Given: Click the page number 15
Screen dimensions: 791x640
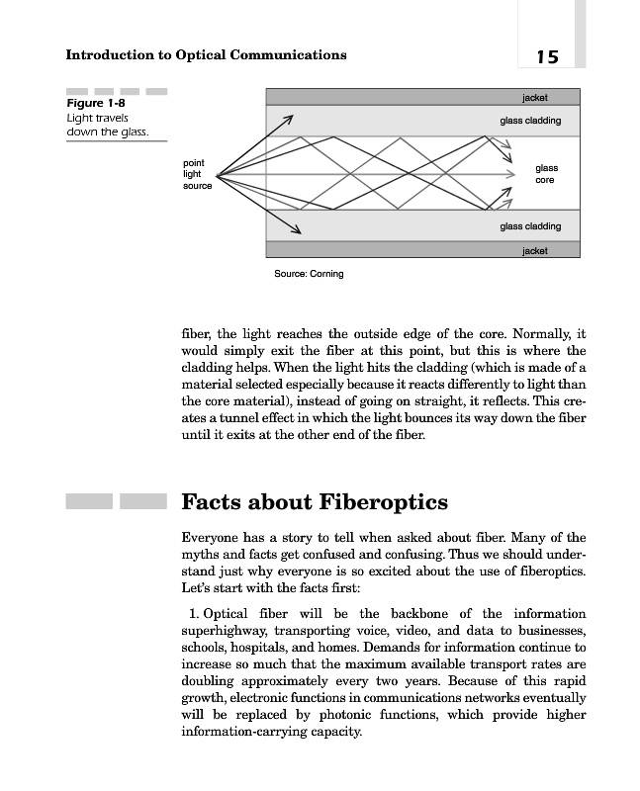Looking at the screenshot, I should [x=547, y=56].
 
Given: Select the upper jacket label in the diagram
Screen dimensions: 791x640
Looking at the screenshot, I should [x=534, y=98].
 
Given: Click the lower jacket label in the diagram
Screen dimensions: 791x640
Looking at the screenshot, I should [x=534, y=250].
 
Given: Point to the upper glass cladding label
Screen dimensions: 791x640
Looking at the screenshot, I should [x=530, y=121].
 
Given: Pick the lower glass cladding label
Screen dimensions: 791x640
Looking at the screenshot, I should [x=530, y=226].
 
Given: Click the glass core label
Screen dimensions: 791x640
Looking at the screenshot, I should [x=546, y=175].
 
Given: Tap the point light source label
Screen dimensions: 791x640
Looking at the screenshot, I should [x=197, y=174].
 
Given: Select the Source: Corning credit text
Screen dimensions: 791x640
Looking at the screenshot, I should [x=309, y=274].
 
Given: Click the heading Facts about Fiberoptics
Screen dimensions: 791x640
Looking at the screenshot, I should [x=315, y=501].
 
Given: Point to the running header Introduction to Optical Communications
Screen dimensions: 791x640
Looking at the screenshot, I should [x=206, y=54].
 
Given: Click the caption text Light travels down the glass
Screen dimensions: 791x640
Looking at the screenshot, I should [x=106, y=126].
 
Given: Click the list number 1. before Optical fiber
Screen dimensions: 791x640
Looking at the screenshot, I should [x=194, y=614].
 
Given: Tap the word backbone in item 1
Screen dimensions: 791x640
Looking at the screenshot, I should [x=422, y=614].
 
